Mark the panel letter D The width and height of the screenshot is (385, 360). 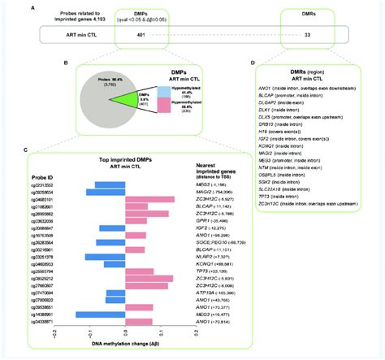click(x=242, y=76)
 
